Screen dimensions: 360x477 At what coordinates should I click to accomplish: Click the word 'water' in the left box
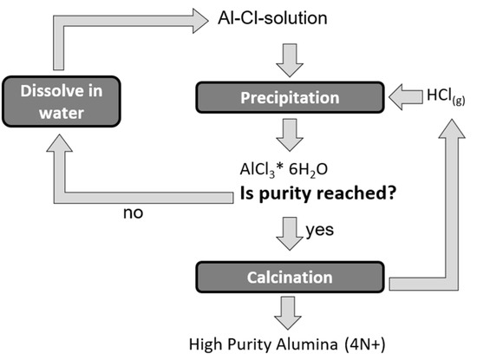[x=58, y=111]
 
